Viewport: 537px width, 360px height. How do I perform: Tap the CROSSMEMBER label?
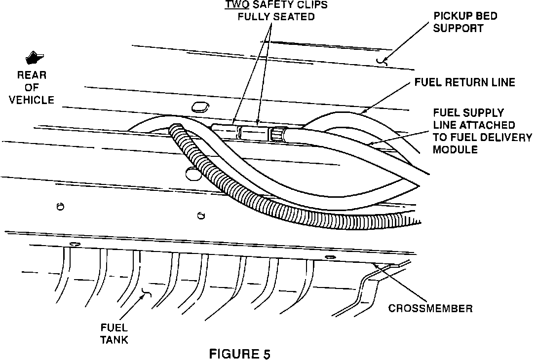430,309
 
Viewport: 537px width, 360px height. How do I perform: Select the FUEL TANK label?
114,333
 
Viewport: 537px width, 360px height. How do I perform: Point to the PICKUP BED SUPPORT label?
465,22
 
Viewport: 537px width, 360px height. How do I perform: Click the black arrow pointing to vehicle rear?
34,58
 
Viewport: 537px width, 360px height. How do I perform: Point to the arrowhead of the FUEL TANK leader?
146,295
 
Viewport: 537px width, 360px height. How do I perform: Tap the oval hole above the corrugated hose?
199,106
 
